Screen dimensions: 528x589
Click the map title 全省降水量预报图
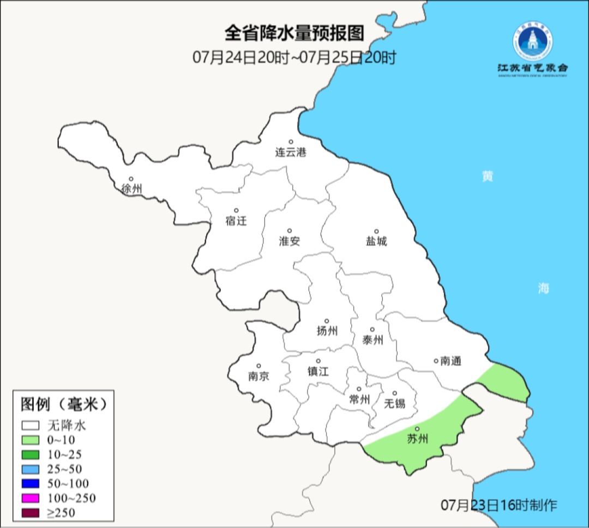294,33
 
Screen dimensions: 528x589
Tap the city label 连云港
291,153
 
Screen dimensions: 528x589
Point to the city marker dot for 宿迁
236,210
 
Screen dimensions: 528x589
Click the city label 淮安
290,241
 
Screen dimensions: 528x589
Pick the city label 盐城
376,241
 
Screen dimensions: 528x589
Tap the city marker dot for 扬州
327,321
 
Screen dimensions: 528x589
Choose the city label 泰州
372,340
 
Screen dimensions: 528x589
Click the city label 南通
451,361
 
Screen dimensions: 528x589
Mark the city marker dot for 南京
259,366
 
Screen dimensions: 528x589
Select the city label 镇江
318,371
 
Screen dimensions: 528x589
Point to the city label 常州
359,399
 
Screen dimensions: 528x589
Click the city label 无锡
395,403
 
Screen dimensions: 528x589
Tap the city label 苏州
418,439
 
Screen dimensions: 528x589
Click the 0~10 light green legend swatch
31,440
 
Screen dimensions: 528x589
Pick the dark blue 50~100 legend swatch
31,483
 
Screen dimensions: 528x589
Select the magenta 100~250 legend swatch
31,497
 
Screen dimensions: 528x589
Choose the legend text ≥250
61,512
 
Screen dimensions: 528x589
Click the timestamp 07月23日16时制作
499,505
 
